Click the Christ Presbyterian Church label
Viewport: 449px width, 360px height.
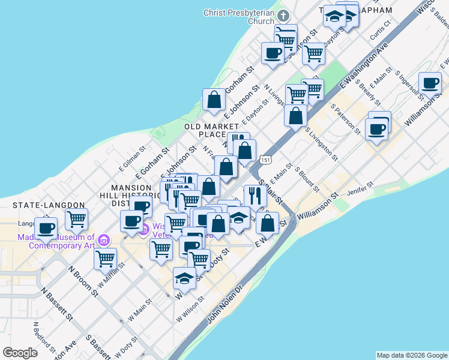239,16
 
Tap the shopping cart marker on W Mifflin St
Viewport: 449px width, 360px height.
106,259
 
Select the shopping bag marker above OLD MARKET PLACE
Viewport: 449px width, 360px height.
214,100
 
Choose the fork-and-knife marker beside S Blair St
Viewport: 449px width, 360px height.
255,196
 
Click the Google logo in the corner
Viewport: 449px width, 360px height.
20,353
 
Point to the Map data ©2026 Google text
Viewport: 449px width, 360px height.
412,355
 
